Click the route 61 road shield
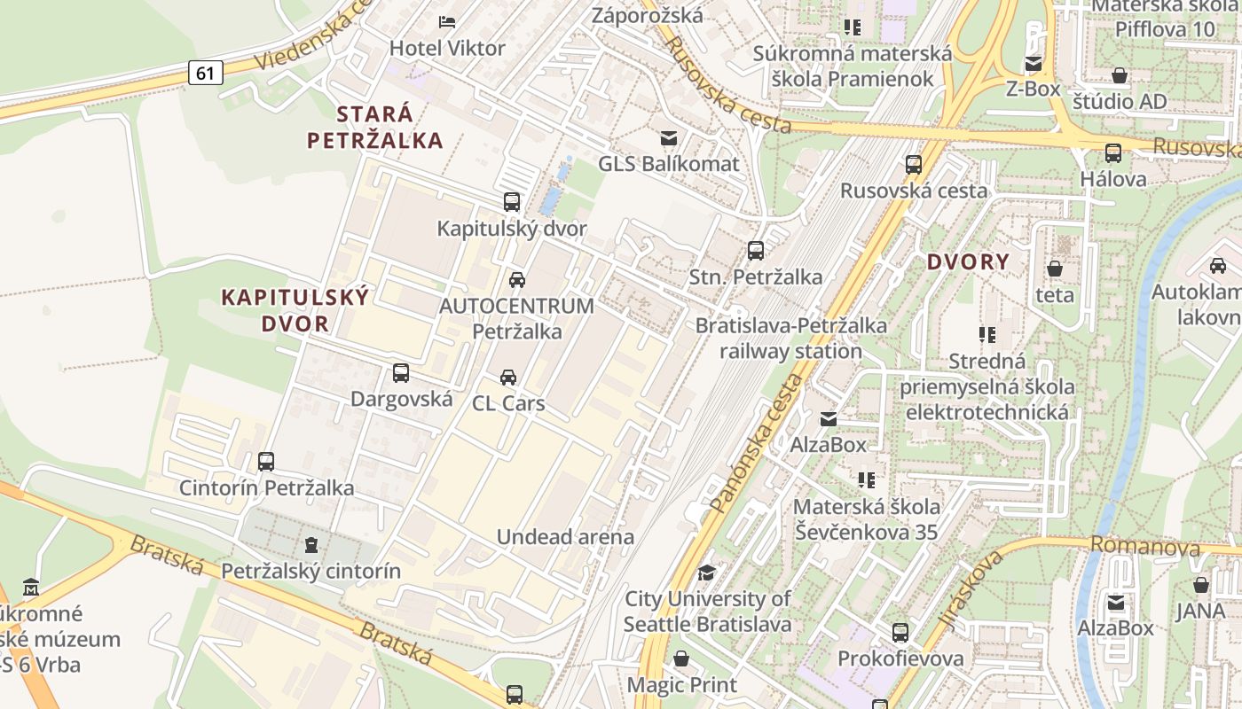[x=205, y=73]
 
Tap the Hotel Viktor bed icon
[x=447, y=21]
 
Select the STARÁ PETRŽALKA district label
[x=374, y=127]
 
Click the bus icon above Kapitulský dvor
[x=512, y=202]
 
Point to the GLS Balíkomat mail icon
[x=668, y=137]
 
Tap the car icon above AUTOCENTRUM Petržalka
[x=516, y=280]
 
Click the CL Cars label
[x=507, y=403]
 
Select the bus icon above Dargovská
[x=401, y=373]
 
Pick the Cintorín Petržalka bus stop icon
[x=266, y=462]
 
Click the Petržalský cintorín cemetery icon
[x=310, y=544]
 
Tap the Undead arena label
[x=565, y=537]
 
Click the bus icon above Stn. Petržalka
[x=756, y=251]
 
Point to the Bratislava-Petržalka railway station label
[x=790, y=338]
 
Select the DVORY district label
[x=968, y=261]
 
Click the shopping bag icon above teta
[x=1055, y=268]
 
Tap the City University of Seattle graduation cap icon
[x=706, y=573]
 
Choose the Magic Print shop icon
[x=681, y=658]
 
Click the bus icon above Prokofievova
[x=900, y=633]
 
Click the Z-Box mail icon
[x=1033, y=63]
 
